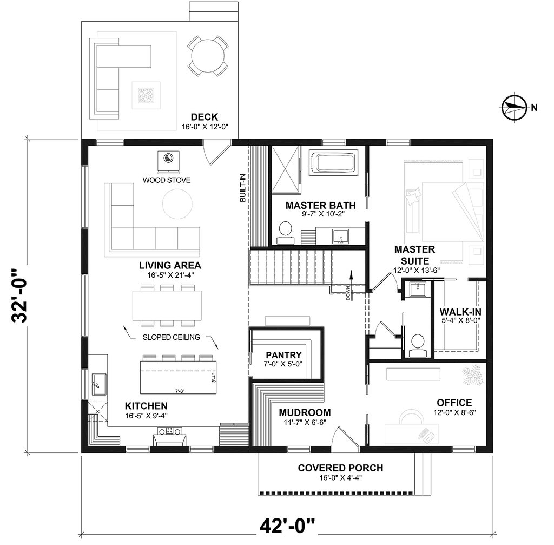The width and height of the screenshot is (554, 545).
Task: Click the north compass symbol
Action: tap(514, 107)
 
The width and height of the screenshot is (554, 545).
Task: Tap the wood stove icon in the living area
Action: tap(168, 162)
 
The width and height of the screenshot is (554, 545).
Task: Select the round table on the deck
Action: tap(207, 56)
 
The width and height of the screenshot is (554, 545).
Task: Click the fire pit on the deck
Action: tap(146, 95)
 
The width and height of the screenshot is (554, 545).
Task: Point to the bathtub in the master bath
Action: tap(333, 162)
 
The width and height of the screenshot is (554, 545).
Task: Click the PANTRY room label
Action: tap(283, 355)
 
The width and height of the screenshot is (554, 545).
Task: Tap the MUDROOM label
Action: tap(305, 412)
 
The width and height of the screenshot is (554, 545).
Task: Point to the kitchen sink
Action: tap(98, 384)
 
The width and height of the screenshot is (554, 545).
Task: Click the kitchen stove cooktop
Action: tap(169, 431)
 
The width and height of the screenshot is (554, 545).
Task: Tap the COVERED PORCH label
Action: tap(341, 468)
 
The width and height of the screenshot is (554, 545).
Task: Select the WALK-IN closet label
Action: tap(460, 312)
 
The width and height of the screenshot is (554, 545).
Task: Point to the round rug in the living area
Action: tap(177, 203)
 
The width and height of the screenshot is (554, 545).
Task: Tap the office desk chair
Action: tap(412, 417)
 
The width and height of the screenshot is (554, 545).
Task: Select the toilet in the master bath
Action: tap(285, 233)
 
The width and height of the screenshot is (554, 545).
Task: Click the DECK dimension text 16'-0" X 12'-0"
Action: tap(205, 127)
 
